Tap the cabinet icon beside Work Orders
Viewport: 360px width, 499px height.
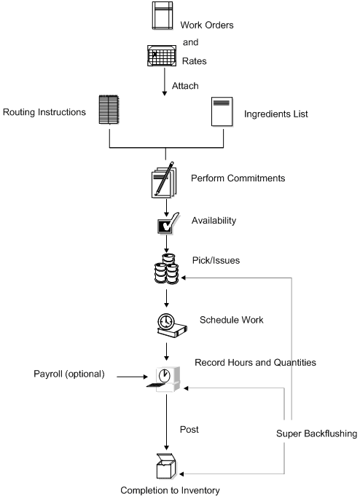[x=163, y=16]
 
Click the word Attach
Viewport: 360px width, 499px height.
[x=185, y=86]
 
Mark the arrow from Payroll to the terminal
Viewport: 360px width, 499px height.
[x=131, y=377]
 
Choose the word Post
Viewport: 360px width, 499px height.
[x=189, y=429]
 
